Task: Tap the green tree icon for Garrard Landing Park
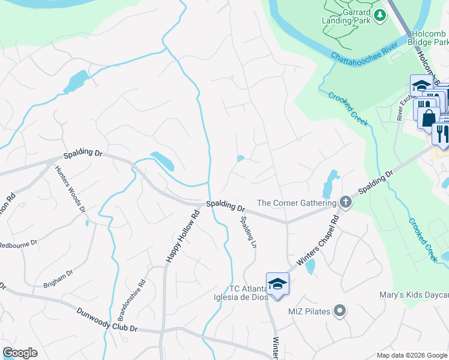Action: pyautogui.click(x=379, y=15)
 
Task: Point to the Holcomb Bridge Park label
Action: pyautogui.click(x=428, y=38)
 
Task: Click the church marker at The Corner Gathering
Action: pyautogui.click(x=345, y=202)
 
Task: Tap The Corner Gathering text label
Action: pyautogui.click(x=296, y=203)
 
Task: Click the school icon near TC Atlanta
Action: pyautogui.click(x=277, y=283)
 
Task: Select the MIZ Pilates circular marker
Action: pyautogui.click(x=340, y=310)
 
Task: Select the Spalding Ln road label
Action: pyautogui.click(x=248, y=229)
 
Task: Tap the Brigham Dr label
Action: pyautogui.click(x=58, y=276)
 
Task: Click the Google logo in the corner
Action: pyautogui.click(x=20, y=352)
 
